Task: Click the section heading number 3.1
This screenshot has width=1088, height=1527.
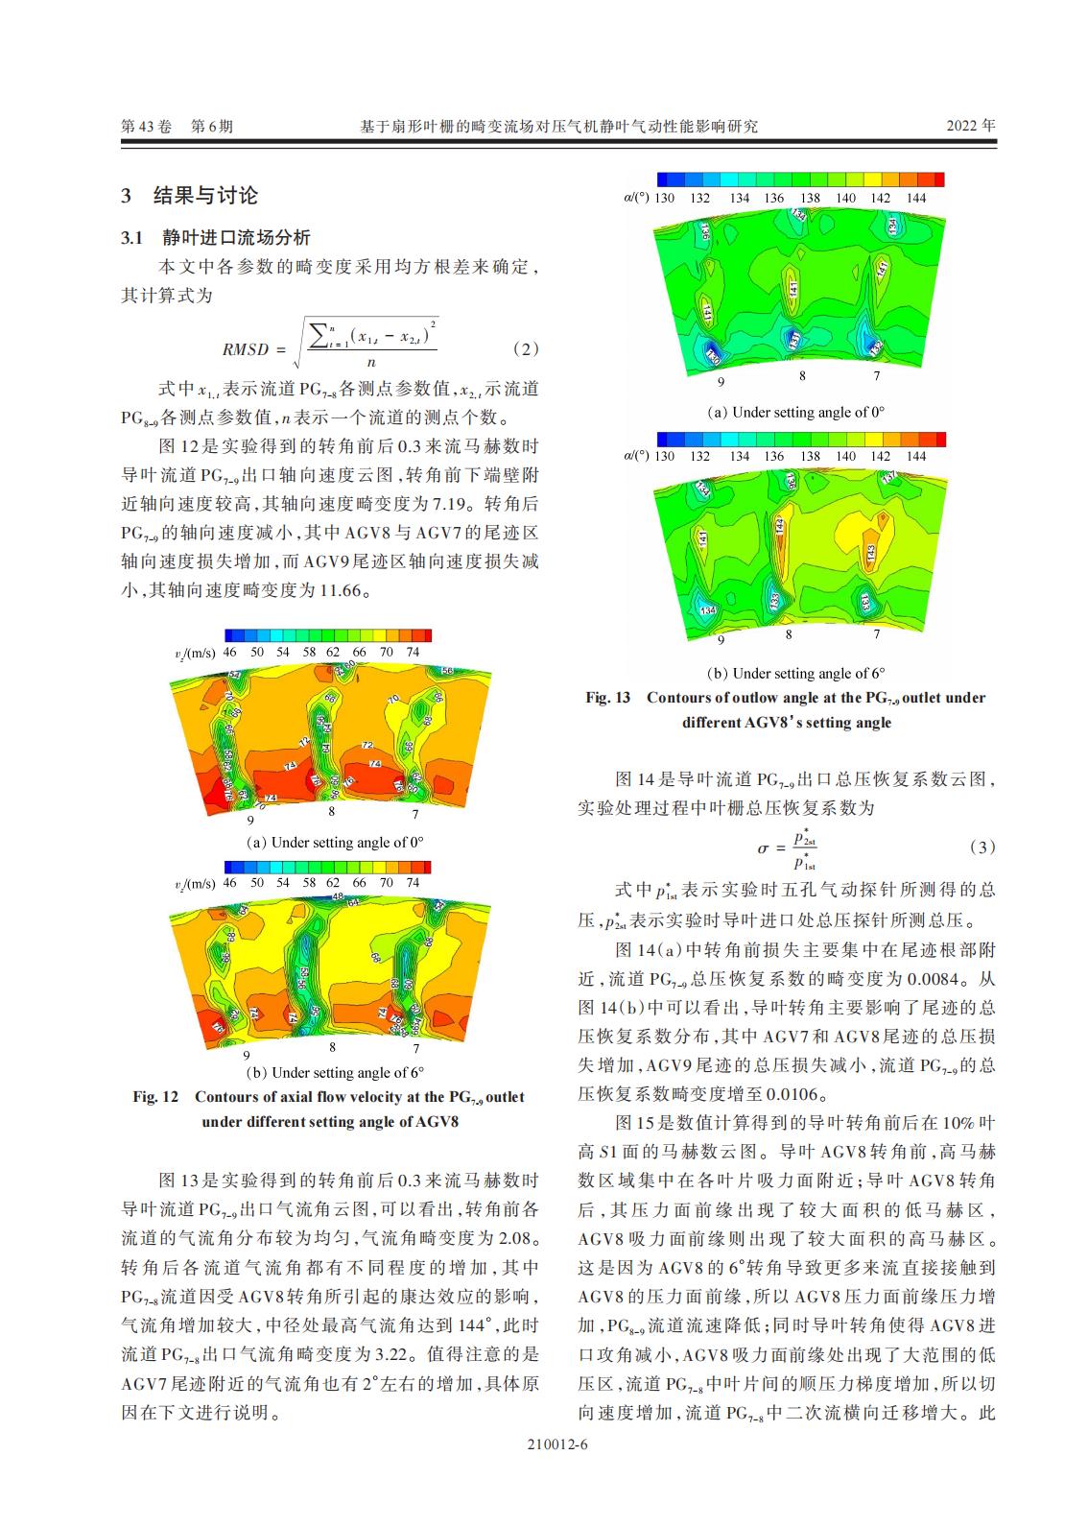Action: tap(131, 238)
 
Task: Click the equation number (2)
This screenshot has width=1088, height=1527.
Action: tap(526, 348)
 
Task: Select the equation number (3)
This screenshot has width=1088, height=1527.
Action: tap(982, 847)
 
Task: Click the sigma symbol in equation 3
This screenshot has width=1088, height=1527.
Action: tap(764, 847)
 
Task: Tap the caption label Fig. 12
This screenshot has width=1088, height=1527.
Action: tap(155, 1096)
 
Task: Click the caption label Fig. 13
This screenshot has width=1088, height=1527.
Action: tap(607, 697)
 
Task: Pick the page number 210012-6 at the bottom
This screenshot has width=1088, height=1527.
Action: tap(557, 1470)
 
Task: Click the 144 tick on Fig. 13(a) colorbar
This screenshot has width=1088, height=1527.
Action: tap(916, 198)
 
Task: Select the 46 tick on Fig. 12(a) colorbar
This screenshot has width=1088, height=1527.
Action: tap(229, 652)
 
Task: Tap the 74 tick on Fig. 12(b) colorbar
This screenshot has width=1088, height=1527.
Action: tap(413, 882)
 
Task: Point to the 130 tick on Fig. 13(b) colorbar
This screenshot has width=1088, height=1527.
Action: tap(664, 456)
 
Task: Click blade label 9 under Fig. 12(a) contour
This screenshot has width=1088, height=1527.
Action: tap(250, 821)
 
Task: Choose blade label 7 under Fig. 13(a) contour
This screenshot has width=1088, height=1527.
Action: tap(876, 376)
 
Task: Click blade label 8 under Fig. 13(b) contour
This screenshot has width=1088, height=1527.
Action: tap(789, 634)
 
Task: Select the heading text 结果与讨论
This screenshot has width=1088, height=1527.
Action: tap(206, 196)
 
